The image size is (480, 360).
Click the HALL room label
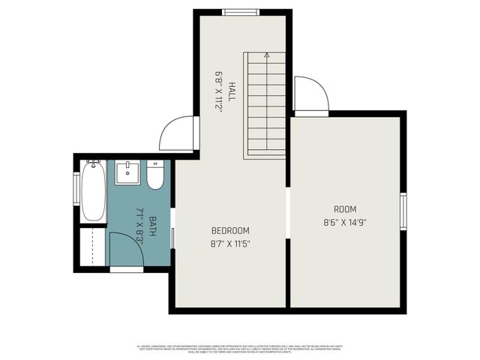click(x=232, y=91)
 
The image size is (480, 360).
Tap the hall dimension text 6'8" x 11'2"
click(x=220, y=91)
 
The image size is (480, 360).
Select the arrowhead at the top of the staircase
click(x=266, y=55)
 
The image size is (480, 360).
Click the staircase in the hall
click(x=265, y=105)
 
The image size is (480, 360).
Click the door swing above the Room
click(x=310, y=94)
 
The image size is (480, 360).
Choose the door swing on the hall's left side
click(x=178, y=133)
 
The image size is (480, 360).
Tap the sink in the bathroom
click(x=129, y=172)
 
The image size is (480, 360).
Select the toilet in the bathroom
click(x=155, y=175)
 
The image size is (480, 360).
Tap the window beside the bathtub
click(x=76, y=193)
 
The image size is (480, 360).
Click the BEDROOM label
click(x=230, y=230)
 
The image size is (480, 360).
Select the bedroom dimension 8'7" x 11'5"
click(x=230, y=243)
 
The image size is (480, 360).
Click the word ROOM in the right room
click(x=345, y=209)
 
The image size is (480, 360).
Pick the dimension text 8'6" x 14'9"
click(x=345, y=222)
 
